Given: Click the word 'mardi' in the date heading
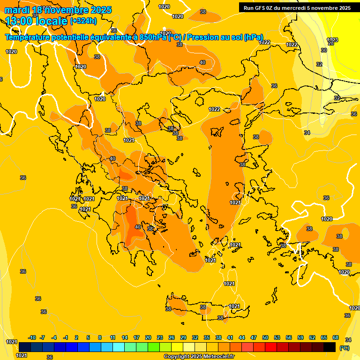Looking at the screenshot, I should coord(17,10).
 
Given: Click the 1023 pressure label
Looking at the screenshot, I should coord(332,39).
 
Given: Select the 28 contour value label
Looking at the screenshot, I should coord(330,43).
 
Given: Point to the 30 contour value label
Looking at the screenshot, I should coord(324,50).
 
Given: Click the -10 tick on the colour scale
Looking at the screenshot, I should coord(32,337).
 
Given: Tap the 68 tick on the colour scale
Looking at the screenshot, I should coord(336,337).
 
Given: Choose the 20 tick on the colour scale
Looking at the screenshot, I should coord(148,337).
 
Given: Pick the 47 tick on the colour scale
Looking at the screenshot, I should coord(254,337).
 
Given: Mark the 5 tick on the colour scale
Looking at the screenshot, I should coord(88,337).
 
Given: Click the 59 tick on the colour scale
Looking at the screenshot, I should coord(300,337).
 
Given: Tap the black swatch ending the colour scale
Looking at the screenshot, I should coord(330,347).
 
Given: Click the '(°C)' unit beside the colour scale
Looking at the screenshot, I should coord(344,348).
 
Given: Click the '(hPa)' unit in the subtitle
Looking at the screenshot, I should coord(253,37).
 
